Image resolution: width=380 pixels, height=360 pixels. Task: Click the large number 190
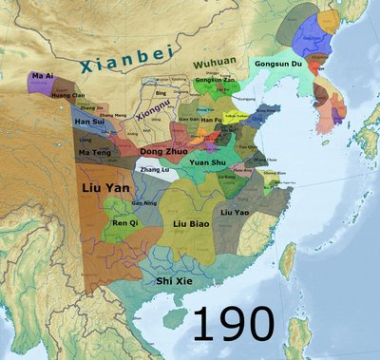coord(234,324)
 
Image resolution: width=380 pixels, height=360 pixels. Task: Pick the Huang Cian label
coord(66,95)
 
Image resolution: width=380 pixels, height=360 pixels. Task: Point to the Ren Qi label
coord(125,222)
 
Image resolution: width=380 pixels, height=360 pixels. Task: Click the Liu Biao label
coord(192,225)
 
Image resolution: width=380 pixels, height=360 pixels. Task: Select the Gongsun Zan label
coord(212,81)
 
